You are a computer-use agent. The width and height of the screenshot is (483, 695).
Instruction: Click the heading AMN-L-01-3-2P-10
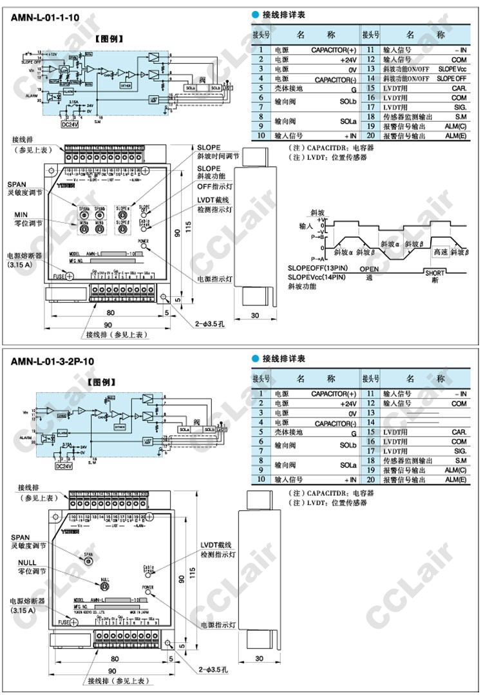[x=52, y=361]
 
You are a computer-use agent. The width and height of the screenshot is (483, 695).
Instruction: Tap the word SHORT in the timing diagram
[x=435, y=272]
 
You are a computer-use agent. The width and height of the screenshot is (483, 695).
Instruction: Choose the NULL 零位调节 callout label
[x=24, y=567]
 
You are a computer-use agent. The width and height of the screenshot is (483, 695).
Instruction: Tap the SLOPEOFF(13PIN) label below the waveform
[x=316, y=268]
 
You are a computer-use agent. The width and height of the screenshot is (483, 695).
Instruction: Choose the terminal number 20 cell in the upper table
[x=369, y=136]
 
